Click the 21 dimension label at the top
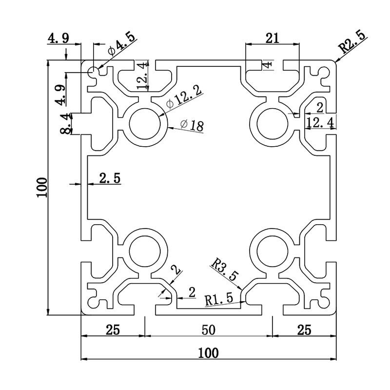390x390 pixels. [272, 38]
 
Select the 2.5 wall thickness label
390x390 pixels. [110, 178]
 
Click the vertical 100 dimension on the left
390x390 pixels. [42, 187]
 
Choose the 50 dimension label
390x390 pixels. [208, 330]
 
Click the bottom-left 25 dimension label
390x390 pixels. [113, 330]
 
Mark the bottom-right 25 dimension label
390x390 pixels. [304, 330]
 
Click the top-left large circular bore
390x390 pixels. [145, 122]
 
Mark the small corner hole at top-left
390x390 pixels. [93, 72]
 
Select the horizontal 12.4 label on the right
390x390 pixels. [320, 123]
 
